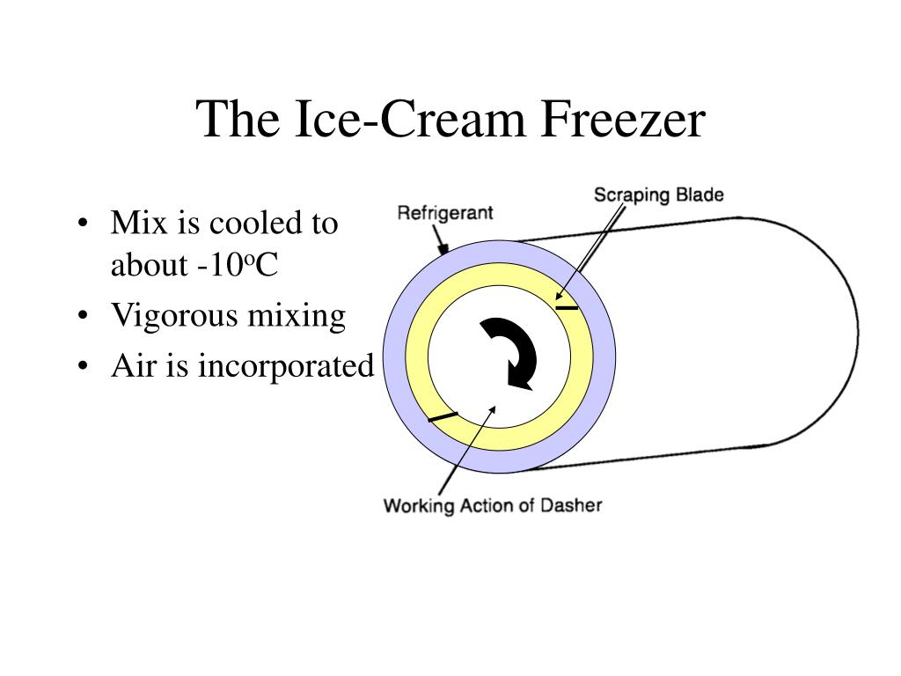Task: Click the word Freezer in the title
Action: click(620, 120)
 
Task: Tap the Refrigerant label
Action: click(445, 213)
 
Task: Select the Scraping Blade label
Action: click(658, 195)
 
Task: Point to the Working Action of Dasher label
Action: click(493, 505)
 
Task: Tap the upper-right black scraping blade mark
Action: click(567, 307)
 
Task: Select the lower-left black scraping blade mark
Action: click(443, 416)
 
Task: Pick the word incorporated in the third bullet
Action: click(286, 365)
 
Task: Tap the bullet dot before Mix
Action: click(81, 224)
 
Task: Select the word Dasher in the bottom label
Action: click(573, 505)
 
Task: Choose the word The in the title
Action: click(231, 120)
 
